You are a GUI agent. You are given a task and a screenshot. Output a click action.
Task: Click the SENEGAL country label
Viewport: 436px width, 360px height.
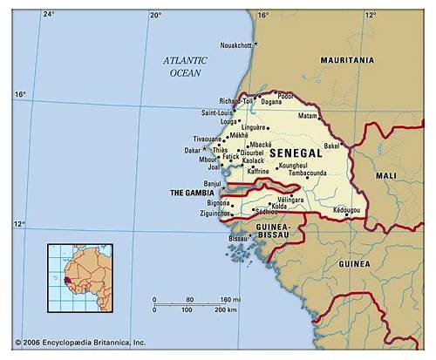pos(296,153)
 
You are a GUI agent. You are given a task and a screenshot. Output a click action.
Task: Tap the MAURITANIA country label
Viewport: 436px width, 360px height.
pos(347,60)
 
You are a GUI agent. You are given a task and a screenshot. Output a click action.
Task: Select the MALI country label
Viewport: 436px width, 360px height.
pos(385,175)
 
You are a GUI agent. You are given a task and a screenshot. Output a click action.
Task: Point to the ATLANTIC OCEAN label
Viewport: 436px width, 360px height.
pos(186,66)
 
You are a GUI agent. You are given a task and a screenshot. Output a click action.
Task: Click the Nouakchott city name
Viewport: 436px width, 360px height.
pos(235,44)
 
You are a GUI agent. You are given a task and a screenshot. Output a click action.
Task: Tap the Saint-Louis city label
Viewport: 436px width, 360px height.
pos(218,112)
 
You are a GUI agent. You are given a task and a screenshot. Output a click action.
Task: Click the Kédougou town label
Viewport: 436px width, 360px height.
pos(346,210)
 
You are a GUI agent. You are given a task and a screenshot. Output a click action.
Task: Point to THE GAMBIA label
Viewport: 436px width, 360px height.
pos(192,193)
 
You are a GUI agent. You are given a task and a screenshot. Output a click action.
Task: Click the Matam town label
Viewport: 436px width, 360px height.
pos(308,116)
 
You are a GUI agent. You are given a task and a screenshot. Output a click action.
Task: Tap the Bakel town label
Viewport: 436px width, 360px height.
pos(331,146)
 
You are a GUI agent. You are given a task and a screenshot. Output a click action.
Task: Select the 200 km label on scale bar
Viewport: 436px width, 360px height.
pos(226,309)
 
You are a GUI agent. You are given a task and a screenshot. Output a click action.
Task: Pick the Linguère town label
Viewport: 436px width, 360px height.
pos(253,127)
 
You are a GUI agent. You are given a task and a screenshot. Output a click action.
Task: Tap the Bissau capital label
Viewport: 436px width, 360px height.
pos(237,238)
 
